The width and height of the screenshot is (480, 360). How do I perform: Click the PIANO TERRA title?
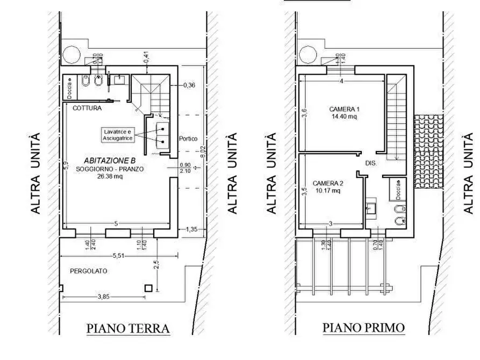pyautogui.click(x=128, y=328)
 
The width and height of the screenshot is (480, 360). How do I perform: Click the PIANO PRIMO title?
pyautogui.click(x=363, y=327)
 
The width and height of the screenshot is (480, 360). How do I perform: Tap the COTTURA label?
pyautogui.click(x=87, y=108)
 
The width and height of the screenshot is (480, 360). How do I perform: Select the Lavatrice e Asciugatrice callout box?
pyautogui.click(x=118, y=135)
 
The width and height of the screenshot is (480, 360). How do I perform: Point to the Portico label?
pyautogui.click(x=188, y=138)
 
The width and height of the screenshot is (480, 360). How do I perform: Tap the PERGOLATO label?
pyautogui.click(x=88, y=271)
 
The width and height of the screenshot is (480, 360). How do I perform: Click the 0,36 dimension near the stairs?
pyautogui.click(x=190, y=85)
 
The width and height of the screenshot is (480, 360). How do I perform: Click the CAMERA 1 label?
pyautogui.click(x=344, y=109)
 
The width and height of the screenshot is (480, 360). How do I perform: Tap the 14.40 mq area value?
pyautogui.click(x=344, y=116)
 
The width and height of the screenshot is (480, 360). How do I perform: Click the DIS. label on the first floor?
pyautogui.click(x=370, y=162)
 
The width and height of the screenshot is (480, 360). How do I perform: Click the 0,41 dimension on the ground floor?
pyautogui.click(x=146, y=55)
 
